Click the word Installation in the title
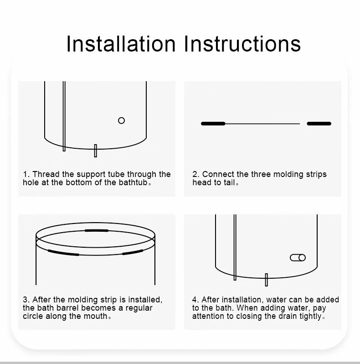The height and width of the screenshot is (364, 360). click(121, 44)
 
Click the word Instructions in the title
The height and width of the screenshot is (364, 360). click(242, 44)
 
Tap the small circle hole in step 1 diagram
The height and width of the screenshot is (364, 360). click(121, 120)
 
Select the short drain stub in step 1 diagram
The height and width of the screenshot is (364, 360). click(95, 151)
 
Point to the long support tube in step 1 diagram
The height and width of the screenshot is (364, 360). click(64, 116)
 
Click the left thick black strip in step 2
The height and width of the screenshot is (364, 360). click(213, 124)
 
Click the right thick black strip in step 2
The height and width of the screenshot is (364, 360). click(319, 124)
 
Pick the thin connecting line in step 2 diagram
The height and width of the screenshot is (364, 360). click(262, 124)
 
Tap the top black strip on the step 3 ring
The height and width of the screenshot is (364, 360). click(97, 230)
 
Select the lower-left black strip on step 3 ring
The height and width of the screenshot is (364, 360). click(63, 253)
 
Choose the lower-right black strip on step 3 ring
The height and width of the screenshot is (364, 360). click(133, 252)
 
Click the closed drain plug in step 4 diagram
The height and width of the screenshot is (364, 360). click(298, 258)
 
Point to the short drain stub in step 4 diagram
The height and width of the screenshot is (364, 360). click(266, 280)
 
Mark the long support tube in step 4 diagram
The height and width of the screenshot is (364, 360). click(235, 247)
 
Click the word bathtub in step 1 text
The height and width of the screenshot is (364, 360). click(133, 182)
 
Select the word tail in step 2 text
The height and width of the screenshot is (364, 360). click(229, 182)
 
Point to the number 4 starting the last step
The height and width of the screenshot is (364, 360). click(195, 300)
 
